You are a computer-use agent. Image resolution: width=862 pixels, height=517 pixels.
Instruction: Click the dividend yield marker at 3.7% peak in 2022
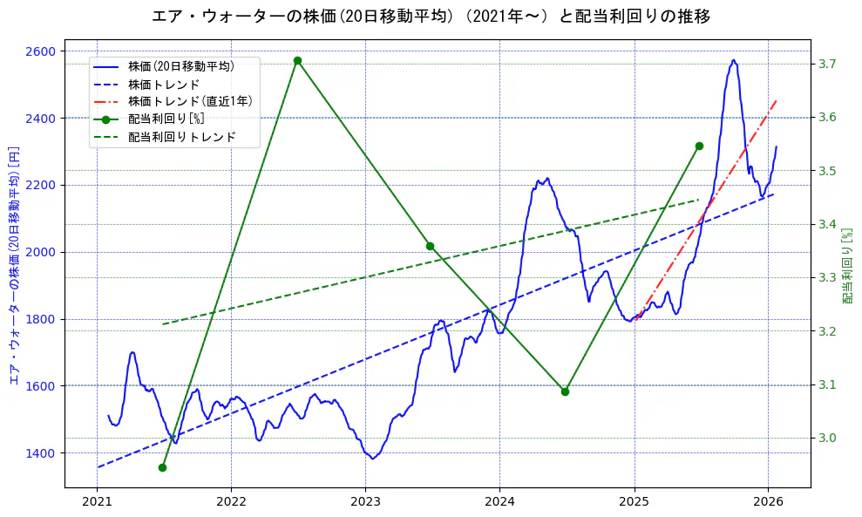tap(297, 61)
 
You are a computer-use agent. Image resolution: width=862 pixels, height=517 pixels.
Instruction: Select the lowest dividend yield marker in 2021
tap(162, 467)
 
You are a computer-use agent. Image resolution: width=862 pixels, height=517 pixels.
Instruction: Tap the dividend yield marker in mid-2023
tap(430, 246)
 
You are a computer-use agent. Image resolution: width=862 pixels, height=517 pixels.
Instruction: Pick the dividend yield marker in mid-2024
tap(565, 391)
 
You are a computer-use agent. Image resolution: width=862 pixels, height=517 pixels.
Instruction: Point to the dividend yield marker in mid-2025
tap(699, 146)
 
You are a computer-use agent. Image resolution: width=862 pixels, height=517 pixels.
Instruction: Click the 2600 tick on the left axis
tap(43, 51)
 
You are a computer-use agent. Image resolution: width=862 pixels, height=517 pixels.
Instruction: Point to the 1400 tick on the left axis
tap(43, 452)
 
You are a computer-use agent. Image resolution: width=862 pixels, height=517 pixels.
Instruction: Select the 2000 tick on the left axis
tap(43, 252)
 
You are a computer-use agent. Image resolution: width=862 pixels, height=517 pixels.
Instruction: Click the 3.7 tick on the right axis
tap(828, 64)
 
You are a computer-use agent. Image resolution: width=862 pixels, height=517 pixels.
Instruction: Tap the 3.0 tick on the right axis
tap(828, 438)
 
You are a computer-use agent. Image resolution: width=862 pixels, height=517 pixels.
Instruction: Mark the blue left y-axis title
tap(13, 265)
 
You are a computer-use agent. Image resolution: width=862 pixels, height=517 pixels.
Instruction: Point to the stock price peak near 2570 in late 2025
tap(734, 60)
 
